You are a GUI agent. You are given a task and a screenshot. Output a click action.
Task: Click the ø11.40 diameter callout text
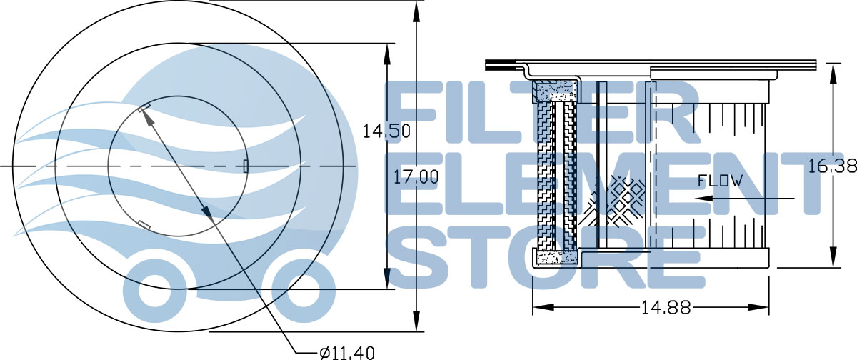pos(347,352)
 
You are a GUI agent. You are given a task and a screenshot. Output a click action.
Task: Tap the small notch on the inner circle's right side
pos(246,166)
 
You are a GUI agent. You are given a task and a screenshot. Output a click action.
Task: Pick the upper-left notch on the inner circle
pos(144,109)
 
